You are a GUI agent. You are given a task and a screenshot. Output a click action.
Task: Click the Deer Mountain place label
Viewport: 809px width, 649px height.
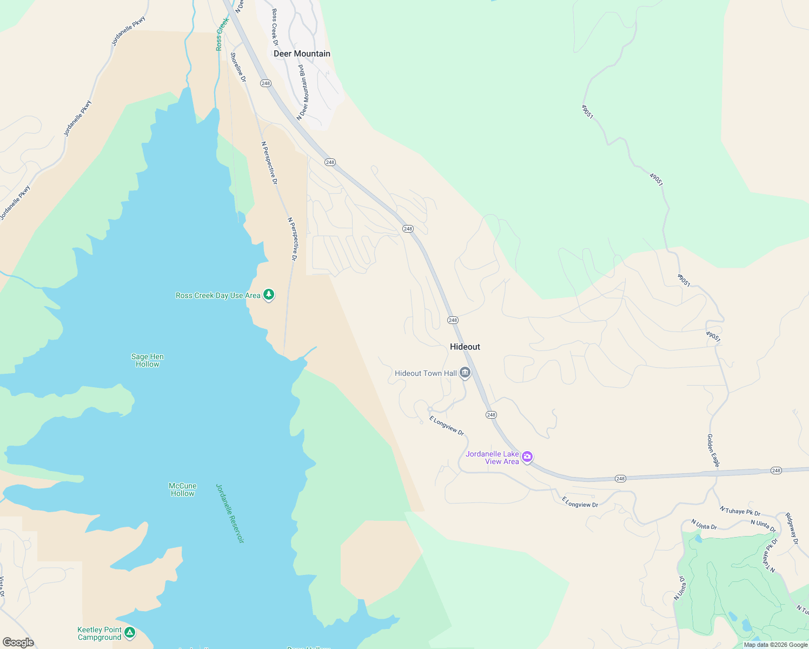click(302, 54)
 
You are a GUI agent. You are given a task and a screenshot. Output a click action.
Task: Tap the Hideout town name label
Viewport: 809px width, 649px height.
click(465, 347)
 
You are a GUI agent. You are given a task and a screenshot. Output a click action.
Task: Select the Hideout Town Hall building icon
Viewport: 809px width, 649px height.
click(465, 373)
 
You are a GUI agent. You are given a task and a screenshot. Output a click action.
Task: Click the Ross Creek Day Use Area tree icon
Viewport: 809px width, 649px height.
click(269, 295)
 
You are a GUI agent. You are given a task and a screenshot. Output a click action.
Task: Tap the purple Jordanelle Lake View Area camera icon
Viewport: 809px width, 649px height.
click(527, 457)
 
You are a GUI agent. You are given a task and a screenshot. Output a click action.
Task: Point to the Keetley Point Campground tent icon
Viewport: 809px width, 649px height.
click(129, 632)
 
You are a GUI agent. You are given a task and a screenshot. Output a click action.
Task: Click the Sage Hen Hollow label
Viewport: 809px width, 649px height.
click(147, 360)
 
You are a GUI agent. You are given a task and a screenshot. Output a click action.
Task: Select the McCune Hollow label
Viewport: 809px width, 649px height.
click(183, 489)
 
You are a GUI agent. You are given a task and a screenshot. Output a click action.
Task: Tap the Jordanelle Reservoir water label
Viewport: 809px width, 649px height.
click(230, 513)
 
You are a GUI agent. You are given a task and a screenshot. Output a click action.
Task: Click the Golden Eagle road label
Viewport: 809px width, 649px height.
click(713, 450)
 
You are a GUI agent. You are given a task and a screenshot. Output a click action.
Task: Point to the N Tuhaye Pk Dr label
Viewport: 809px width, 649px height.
click(740, 511)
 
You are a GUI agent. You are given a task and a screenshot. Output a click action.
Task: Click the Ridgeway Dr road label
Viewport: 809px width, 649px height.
click(791, 528)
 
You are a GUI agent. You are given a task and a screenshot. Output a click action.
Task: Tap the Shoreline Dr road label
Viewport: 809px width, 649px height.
click(238, 67)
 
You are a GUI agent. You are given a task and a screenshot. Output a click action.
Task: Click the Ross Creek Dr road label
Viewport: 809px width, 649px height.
click(275, 27)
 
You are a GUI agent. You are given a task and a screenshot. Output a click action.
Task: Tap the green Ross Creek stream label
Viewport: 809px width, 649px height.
click(222, 34)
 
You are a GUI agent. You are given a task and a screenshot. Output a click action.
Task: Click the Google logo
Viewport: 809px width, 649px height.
click(18, 643)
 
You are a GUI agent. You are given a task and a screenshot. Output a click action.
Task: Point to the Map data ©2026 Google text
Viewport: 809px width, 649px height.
click(775, 645)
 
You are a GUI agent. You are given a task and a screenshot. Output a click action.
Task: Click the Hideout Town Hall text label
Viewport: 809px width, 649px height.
click(426, 373)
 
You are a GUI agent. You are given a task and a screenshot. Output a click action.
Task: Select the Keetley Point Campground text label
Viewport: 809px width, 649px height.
click(100, 633)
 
